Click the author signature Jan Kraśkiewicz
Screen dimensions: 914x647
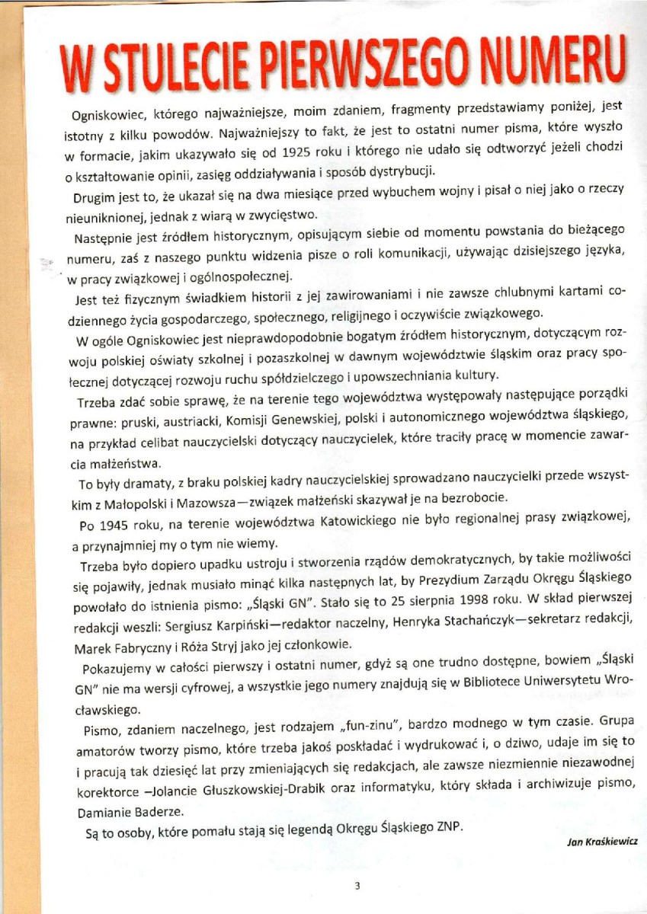(x=603, y=842)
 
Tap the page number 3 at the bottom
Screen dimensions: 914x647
(x=357, y=885)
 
